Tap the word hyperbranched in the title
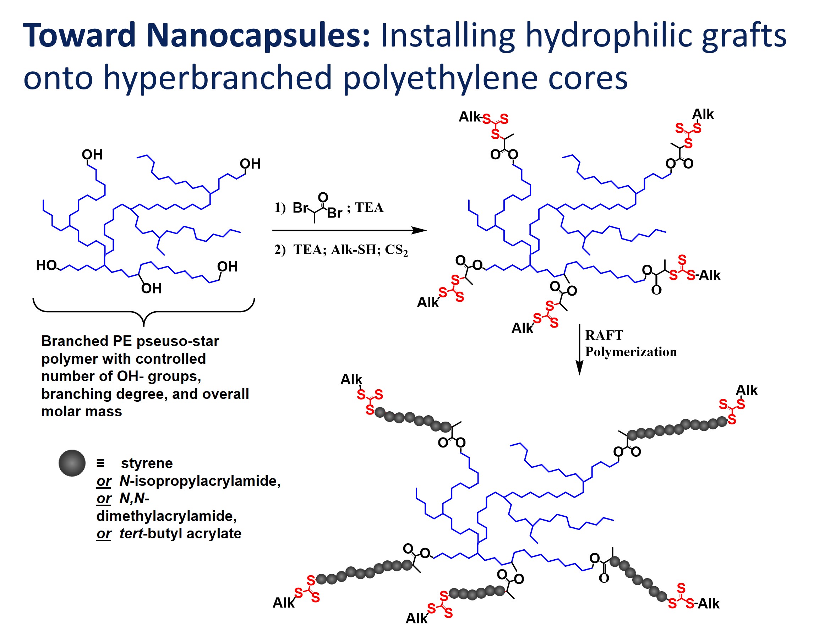pyautogui.click(x=217, y=78)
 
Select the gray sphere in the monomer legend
pyautogui.click(x=72, y=463)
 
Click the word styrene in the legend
pyautogui.click(x=147, y=463)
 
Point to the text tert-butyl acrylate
pyautogui.click(x=180, y=534)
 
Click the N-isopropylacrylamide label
pyautogui.click(x=200, y=481)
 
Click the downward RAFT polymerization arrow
pyautogui.click(x=579, y=350)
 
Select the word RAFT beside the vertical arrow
pyautogui.click(x=604, y=335)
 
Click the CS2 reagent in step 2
pyautogui.click(x=396, y=250)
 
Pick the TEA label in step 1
pyautogui.click(x=369, y=207)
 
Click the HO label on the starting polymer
pyautogui.click(x=46, y=265)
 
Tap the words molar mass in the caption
pyautogui.click(x=82, y=411)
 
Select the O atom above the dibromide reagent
pyautogui.click(x=322, y=197)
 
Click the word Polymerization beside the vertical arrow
pyautogui.click(x=630, y=352)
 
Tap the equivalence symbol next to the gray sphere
pyautogui.click(x=100, y=463)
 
